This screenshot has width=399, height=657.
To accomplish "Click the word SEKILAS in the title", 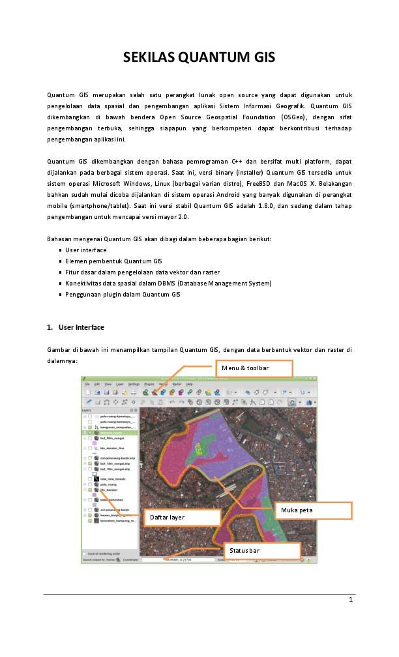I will point(150,58).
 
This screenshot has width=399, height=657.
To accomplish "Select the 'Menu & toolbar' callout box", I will point(255,369).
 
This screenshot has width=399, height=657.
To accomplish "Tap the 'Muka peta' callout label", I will point(314,510).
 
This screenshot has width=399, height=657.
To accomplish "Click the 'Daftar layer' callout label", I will point(181,518).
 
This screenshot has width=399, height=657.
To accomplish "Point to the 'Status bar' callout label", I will point(261,551).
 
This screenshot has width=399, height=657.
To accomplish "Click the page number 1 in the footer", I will point(350,600).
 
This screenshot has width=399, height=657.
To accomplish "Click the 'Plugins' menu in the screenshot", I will point(147,385).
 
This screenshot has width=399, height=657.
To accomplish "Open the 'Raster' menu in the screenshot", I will point(176,385).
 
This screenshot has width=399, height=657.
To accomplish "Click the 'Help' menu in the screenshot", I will point(189,385).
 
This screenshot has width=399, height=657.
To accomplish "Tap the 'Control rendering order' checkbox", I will point(85,553).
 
